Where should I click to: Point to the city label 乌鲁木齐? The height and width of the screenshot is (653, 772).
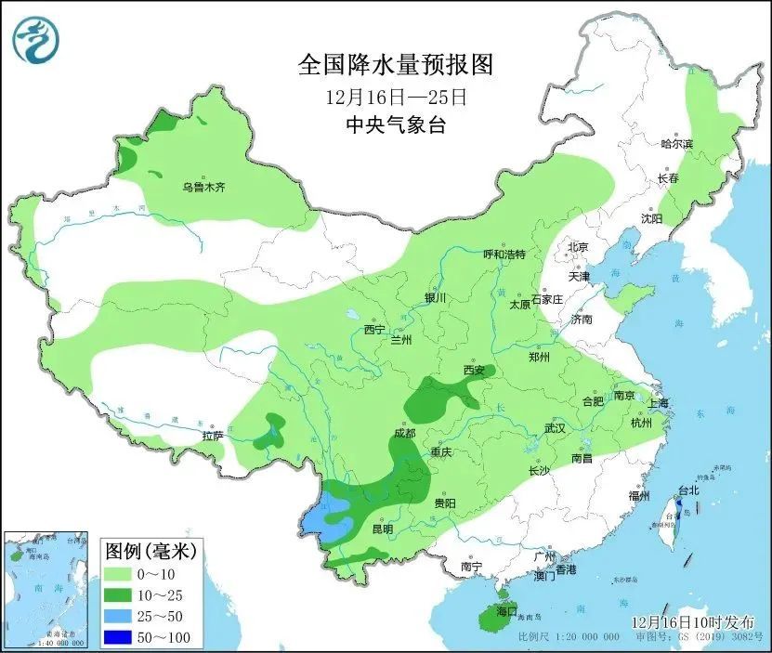tap(203, 188)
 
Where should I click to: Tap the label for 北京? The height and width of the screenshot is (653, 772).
tap(578, 247)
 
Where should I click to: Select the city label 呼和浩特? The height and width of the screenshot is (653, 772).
tap(504, 255)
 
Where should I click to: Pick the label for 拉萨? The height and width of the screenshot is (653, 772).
tap(212, 436)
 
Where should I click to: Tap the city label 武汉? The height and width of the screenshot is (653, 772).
tap(555, 429)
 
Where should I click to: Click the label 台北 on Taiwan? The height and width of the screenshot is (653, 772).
tap(687, 490)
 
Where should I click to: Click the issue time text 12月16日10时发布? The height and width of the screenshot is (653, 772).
tap(692, 621)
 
